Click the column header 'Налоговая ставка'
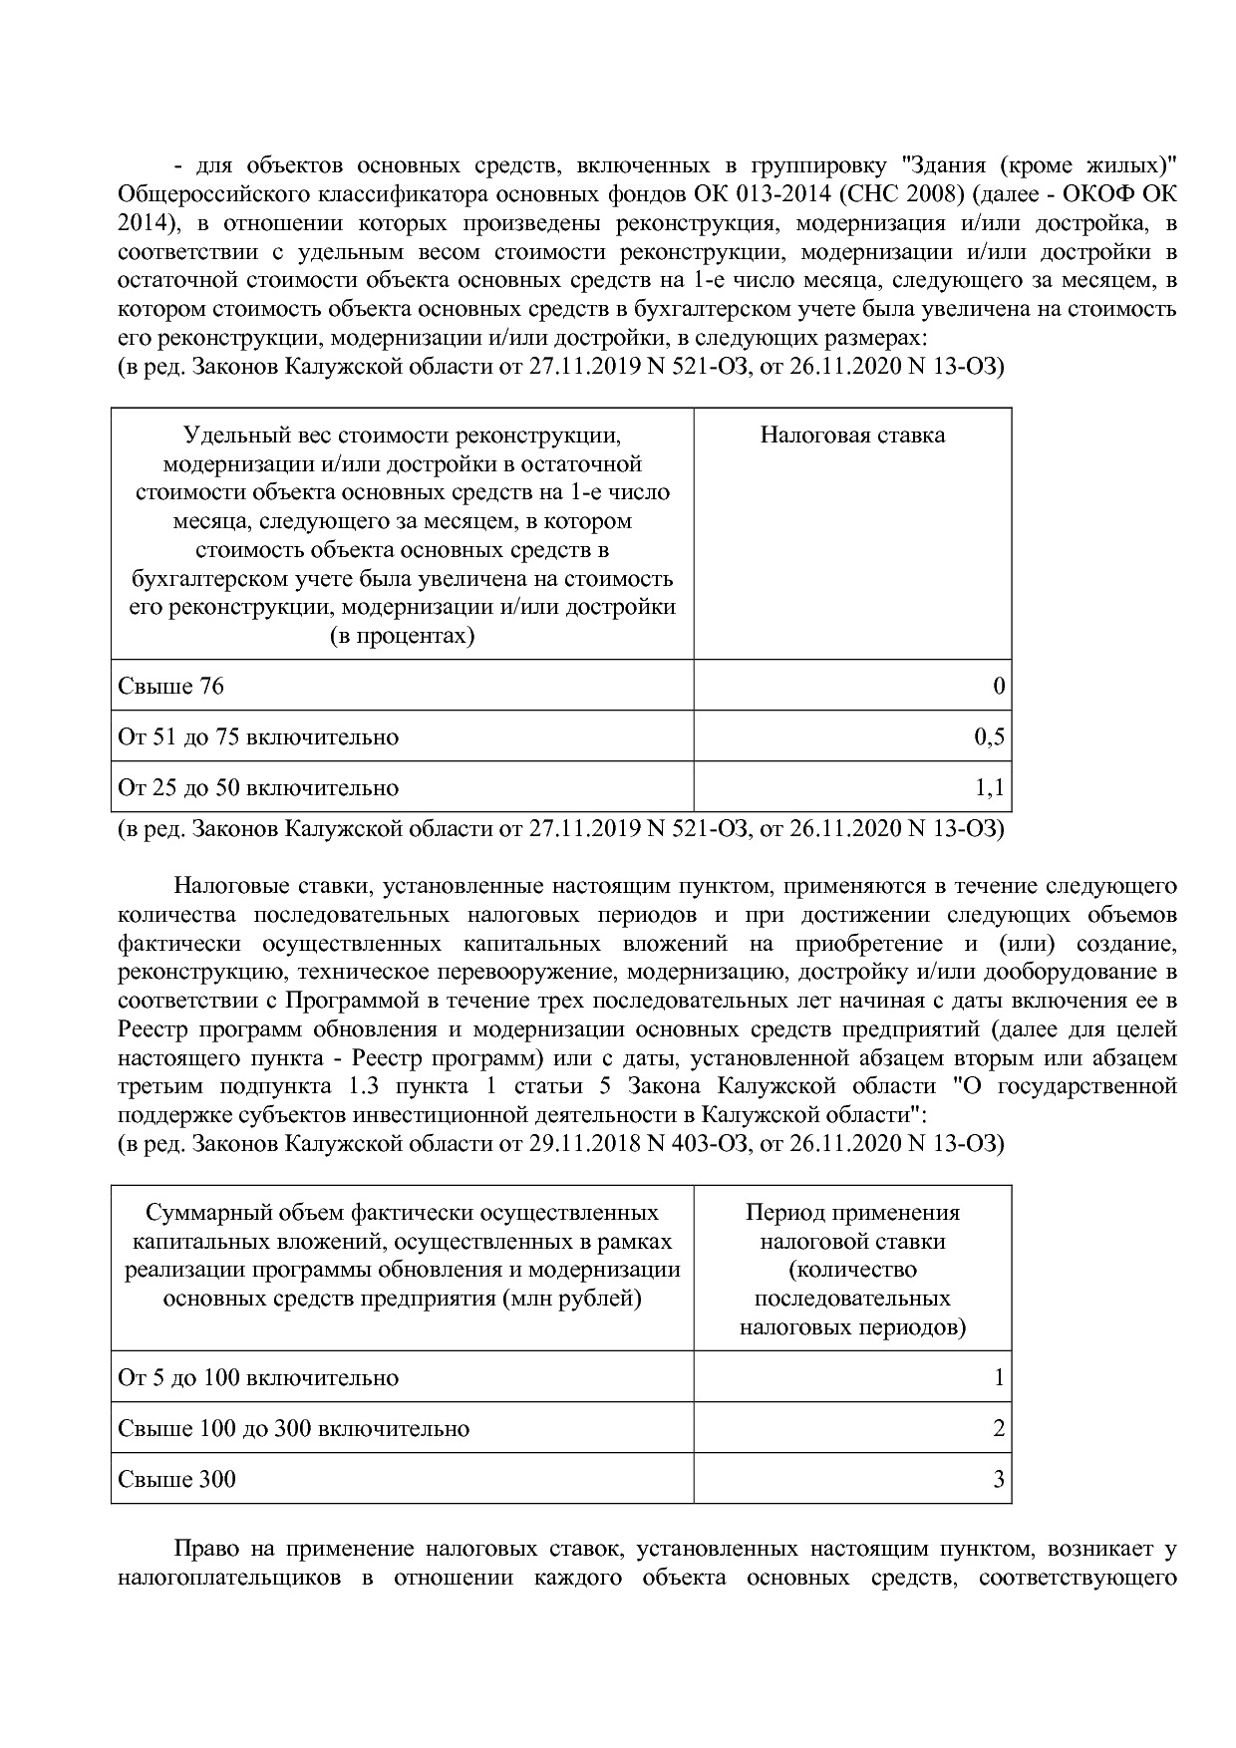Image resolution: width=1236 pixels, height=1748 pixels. pyautogui.click(x=852, y=436)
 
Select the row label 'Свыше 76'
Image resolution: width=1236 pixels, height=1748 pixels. pyautogui.click(x=170, y=687)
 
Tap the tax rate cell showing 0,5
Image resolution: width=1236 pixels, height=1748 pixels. pyautogui.click(x=989, y=737)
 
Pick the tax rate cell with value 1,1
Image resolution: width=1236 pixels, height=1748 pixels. pyautogui.click(x=989, y=788)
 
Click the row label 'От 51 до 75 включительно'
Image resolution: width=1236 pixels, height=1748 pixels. pyautogui.click(x=258, y=737)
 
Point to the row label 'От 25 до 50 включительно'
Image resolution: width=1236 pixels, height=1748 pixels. pyautogui.click(x=258, y=788)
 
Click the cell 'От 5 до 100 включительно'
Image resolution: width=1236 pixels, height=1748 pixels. pyautogui.click(x=258, y=1378)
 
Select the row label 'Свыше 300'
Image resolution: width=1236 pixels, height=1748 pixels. pyautogui.click(x=177, y=1479)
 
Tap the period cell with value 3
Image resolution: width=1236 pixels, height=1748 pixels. pyautogui.click(x=999, y=1479)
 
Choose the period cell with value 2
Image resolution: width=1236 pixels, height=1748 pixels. pyautogui.click(x=999, y=1429)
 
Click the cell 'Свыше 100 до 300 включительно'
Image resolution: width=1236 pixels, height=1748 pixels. pyautogui.click(x=293, y=1429)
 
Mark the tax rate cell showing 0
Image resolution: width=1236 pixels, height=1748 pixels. pyautogui.click(x=999, y=687)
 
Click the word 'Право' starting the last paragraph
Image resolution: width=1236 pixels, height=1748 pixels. pyautogui.click(x=206, y=1550)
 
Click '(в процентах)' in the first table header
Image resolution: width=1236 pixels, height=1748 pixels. pyautogui.click(x=402, y=636)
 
